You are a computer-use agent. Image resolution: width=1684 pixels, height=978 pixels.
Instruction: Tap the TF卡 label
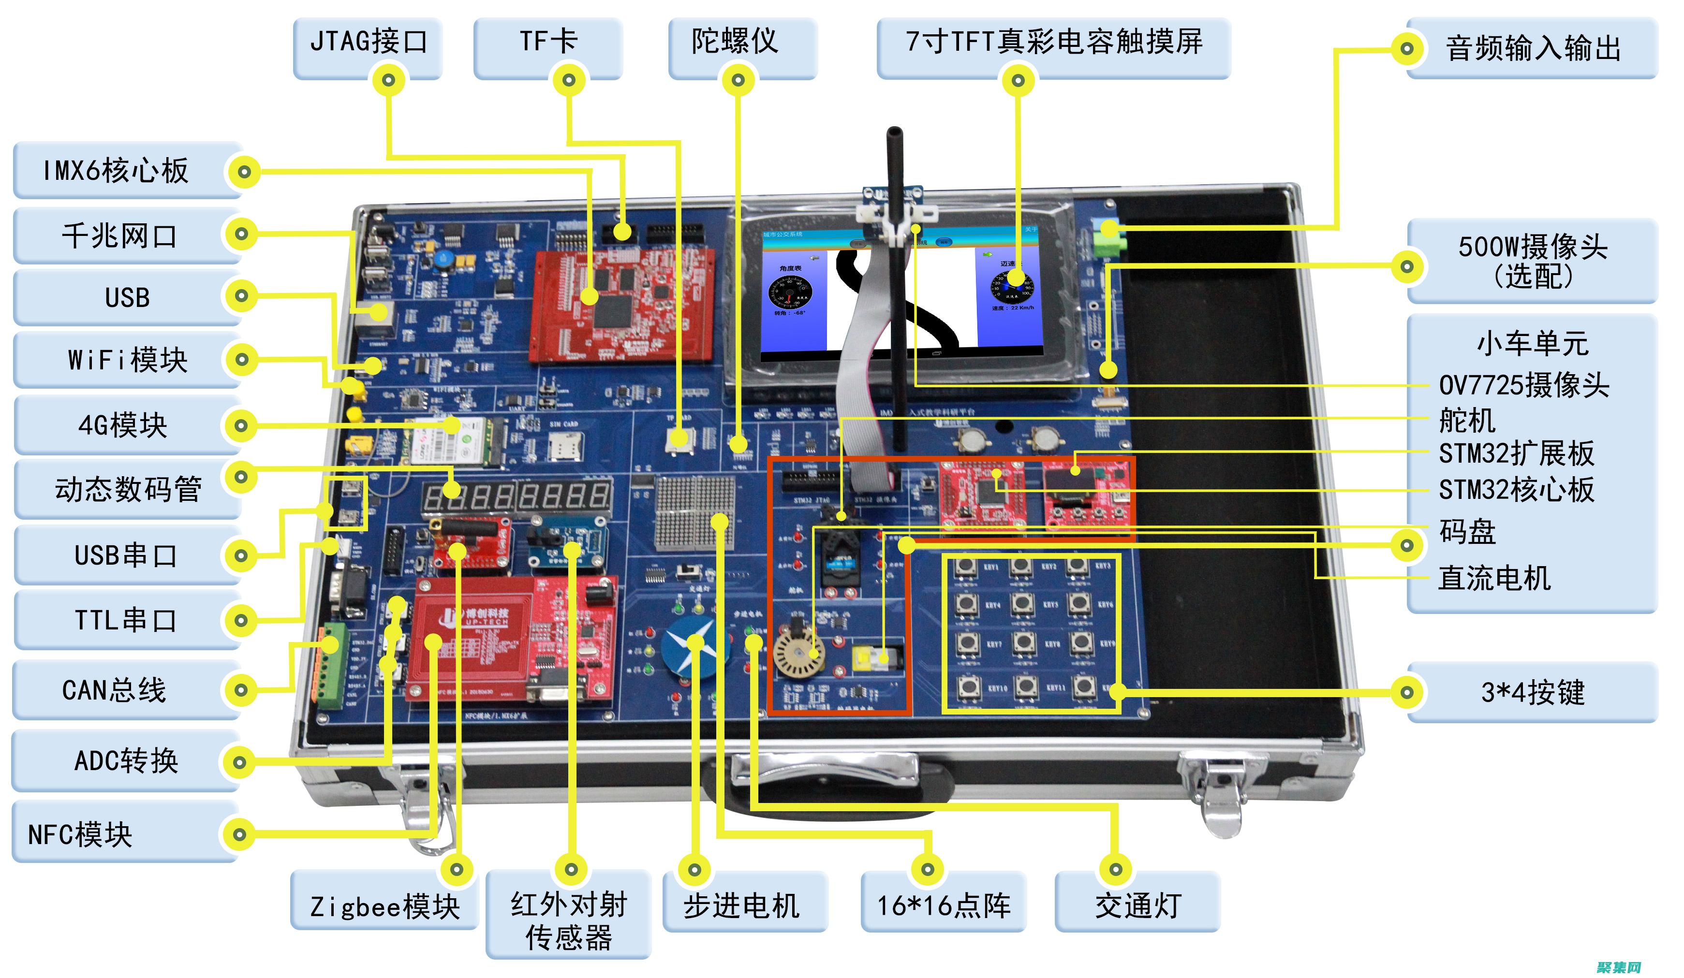click(x=548, y=42)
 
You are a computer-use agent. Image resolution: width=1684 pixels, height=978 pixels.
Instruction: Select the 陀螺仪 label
click(x=735, y=42)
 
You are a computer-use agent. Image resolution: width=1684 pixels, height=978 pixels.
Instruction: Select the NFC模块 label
click(x=80, y=834)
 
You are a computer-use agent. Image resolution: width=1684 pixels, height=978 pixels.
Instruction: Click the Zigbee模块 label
click(x=385, y=906)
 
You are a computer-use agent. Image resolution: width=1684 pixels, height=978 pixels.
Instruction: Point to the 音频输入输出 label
click(x=1532, y=48)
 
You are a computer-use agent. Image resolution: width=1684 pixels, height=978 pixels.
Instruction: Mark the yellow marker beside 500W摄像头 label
click(x=1407, y=266)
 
